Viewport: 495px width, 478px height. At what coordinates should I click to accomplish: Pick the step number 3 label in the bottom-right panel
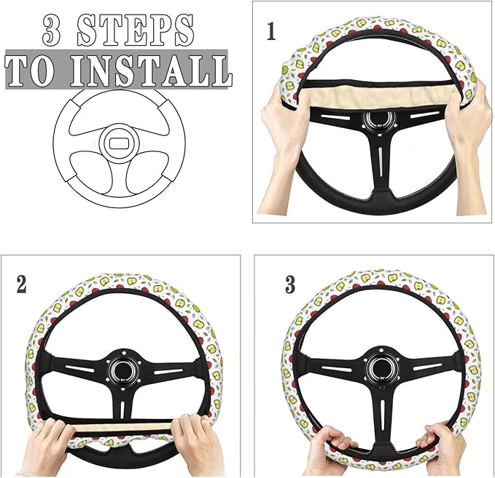(290, 284)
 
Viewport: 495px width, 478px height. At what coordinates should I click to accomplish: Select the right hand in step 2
(198, 440)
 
